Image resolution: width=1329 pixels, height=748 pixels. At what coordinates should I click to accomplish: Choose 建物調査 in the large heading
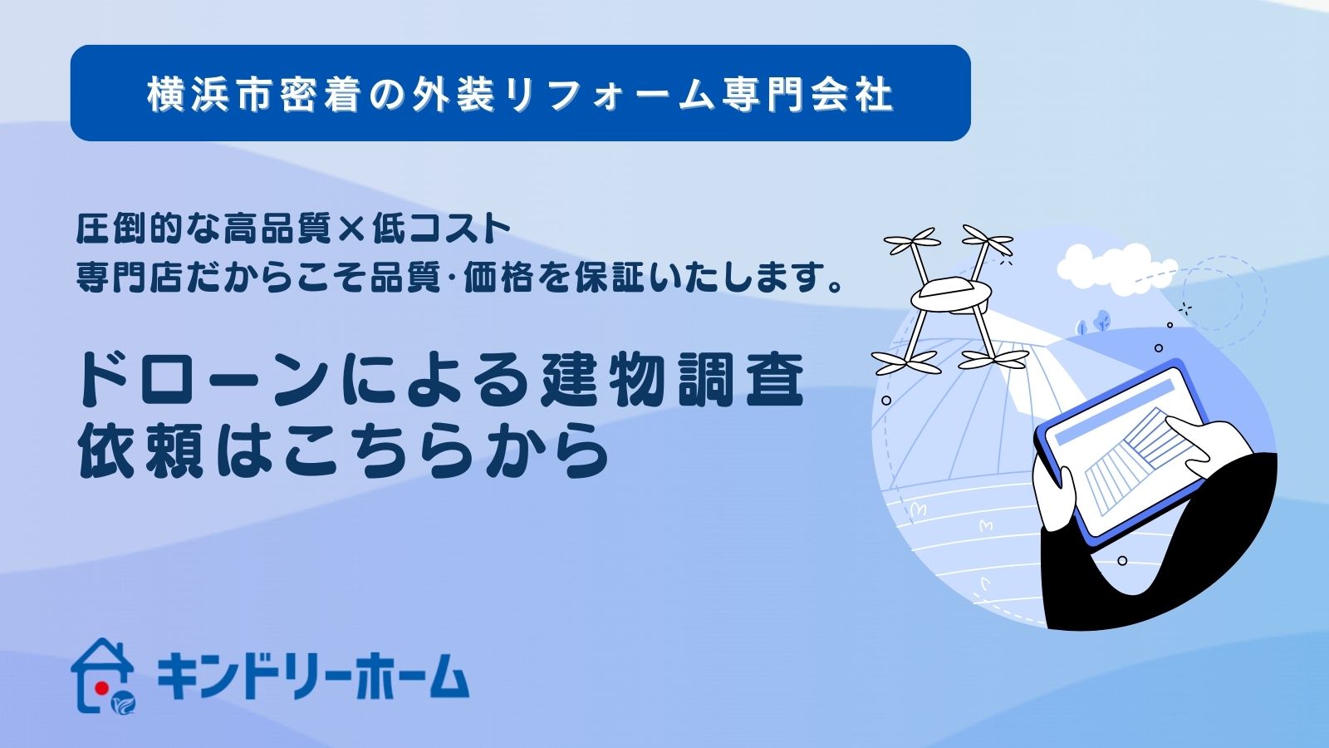[x=671, y=379]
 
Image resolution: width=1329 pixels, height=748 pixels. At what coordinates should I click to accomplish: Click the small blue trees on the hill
[x=1095, y=322]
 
